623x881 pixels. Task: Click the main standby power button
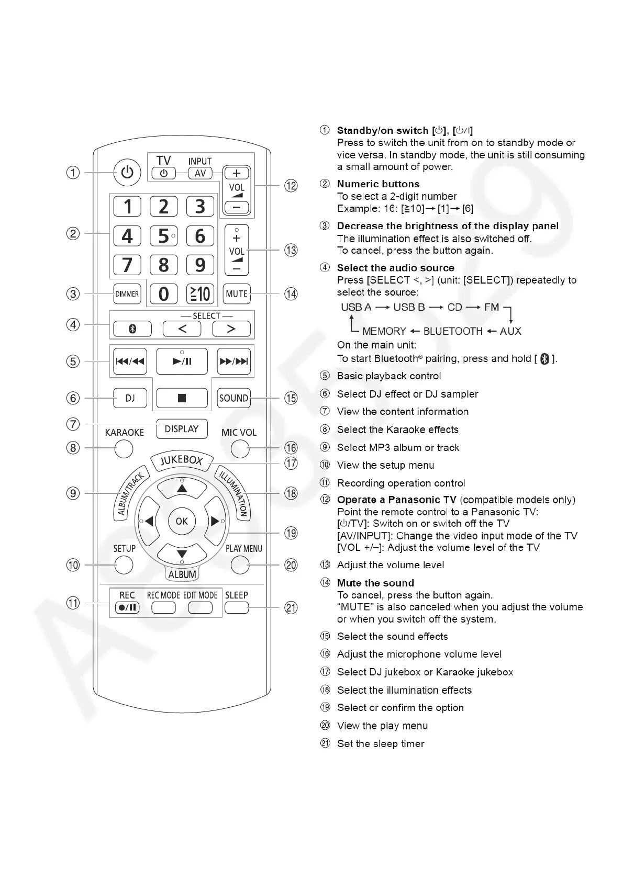coord(127,172)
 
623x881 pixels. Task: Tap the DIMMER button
coord(127,294)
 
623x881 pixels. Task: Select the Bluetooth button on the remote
coord(132,329)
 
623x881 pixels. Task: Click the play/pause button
coord(182,361)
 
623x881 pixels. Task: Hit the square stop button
coord(182,398)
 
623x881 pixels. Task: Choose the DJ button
coord(130,398)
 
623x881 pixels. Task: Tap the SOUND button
coord(233,398)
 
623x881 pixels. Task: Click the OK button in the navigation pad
coord(182,521)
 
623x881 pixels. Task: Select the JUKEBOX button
coord(181,460)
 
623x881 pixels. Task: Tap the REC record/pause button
coord(127,607)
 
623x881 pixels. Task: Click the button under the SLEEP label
coord(237,607)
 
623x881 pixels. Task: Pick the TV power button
coord(164,173)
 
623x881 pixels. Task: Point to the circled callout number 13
coord(291,251)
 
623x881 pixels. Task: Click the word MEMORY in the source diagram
coord(384,331)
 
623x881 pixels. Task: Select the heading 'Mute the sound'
coord(375,583)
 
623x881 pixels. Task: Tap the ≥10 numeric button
coord(200,294)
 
